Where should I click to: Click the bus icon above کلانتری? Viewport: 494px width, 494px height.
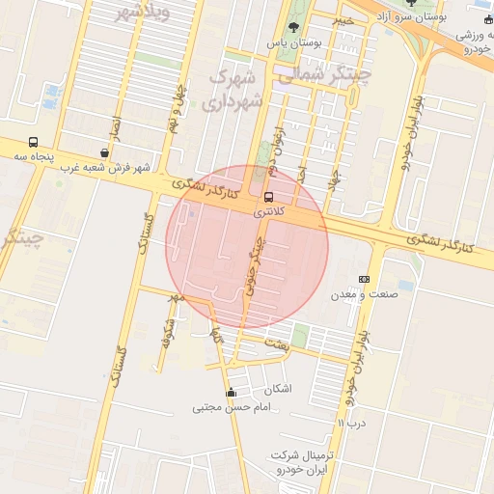[268, 197]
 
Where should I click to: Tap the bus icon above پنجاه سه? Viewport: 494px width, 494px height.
[34, 142]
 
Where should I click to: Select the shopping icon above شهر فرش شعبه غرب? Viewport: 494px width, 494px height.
[104, 152]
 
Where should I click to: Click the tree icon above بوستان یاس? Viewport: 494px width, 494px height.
[293, 27]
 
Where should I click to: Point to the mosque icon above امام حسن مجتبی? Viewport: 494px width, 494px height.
[230, 393]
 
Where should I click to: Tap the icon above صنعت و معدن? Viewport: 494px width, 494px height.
[363, 279]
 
